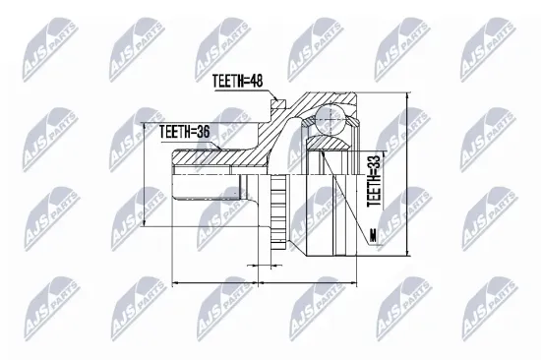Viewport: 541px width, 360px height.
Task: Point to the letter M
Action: pyautogui.click(x=374, y=235)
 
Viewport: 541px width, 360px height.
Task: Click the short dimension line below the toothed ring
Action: pyautogui.click(x=260, y=266)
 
